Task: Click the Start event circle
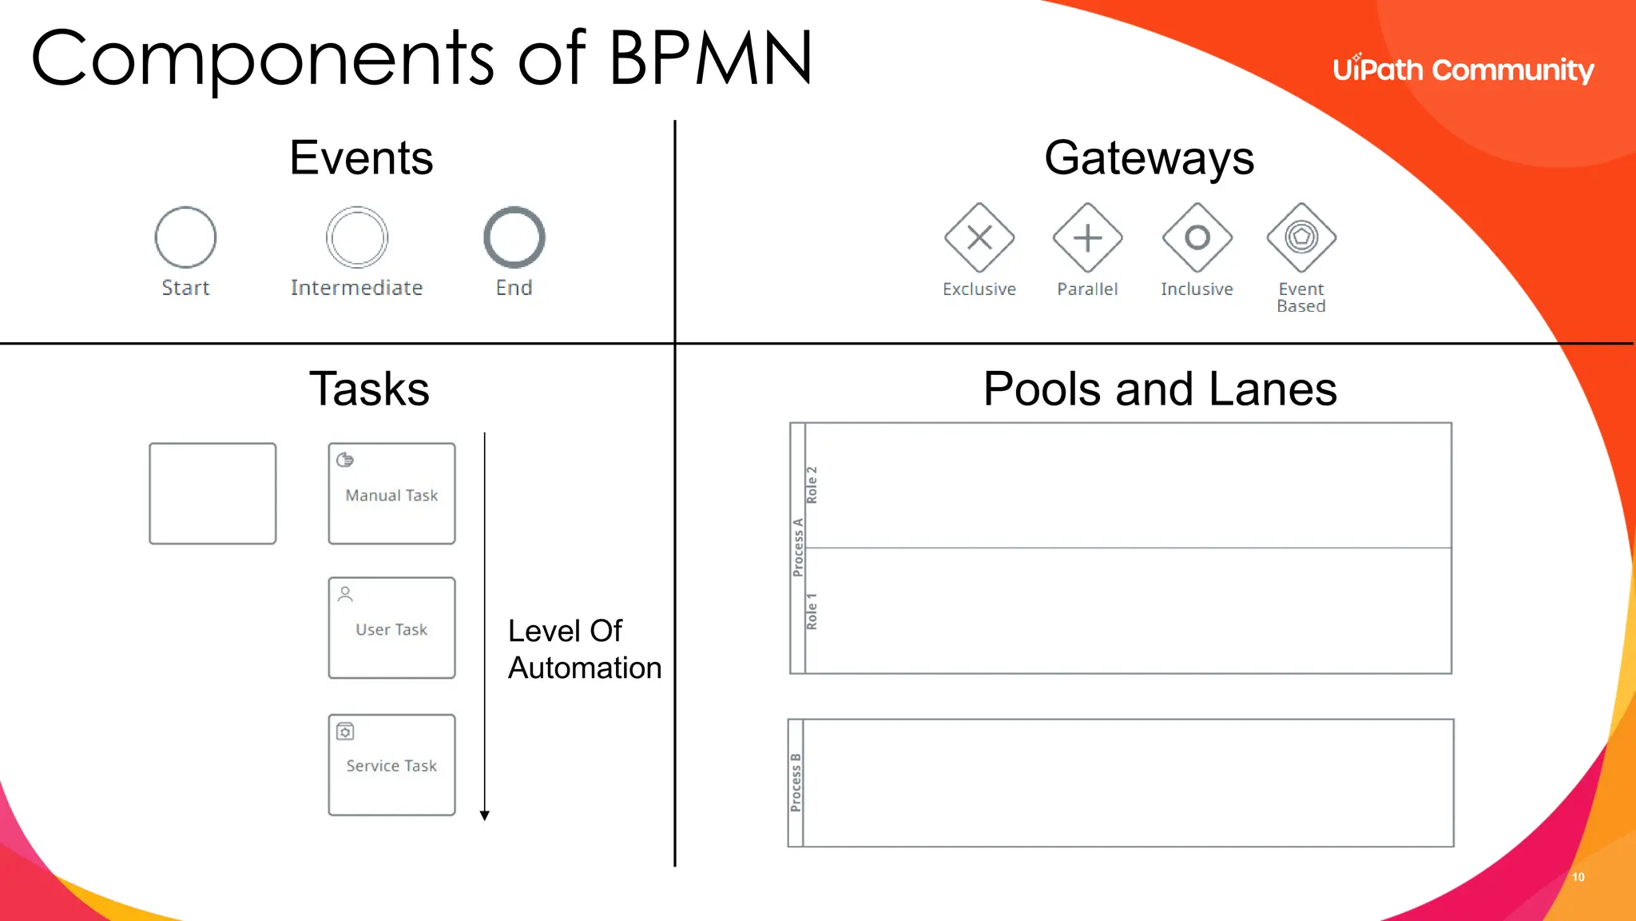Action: pyautogui.click(x=185, y=237)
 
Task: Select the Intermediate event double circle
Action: pyautogui.click(x=357, y=237)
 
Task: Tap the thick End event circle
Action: pyautogui.click(x=514, y=237)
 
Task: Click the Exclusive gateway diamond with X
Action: pyautogui.click(x=979, y=237)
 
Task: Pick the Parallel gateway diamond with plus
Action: pyautogui.click(x=1087, y=237)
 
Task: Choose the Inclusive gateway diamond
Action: pyautogui.click(x=1197, y=237)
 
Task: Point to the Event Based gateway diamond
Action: pyautogui.click(x=1301, y=237)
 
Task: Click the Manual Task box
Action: pyautogui.click(x=391, y=494)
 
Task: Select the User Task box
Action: pyautogui.click(x=391, y=628)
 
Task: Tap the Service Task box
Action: pyautogui.click(x=391, y=765)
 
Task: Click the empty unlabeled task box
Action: pyautogui.click(x=212, y=494)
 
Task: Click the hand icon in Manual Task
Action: pyautogui.click(x=345, y=460)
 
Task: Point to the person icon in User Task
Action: pyautogui.click(x=345, y=594)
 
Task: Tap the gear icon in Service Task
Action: pyautogui.click(x=345, y=732)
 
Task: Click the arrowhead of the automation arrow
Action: pyautogui.click(x=484, y=815)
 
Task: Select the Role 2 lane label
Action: pyautogui.click(x=812, y=484)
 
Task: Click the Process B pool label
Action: pyautogui.click(x=796, y=782)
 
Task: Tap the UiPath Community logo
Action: pyautogui.click(x=1463, y=70)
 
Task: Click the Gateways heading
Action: pyautogui.click(x=1149, y=157)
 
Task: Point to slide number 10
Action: pyautogui.click(x=1578, y=877)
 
